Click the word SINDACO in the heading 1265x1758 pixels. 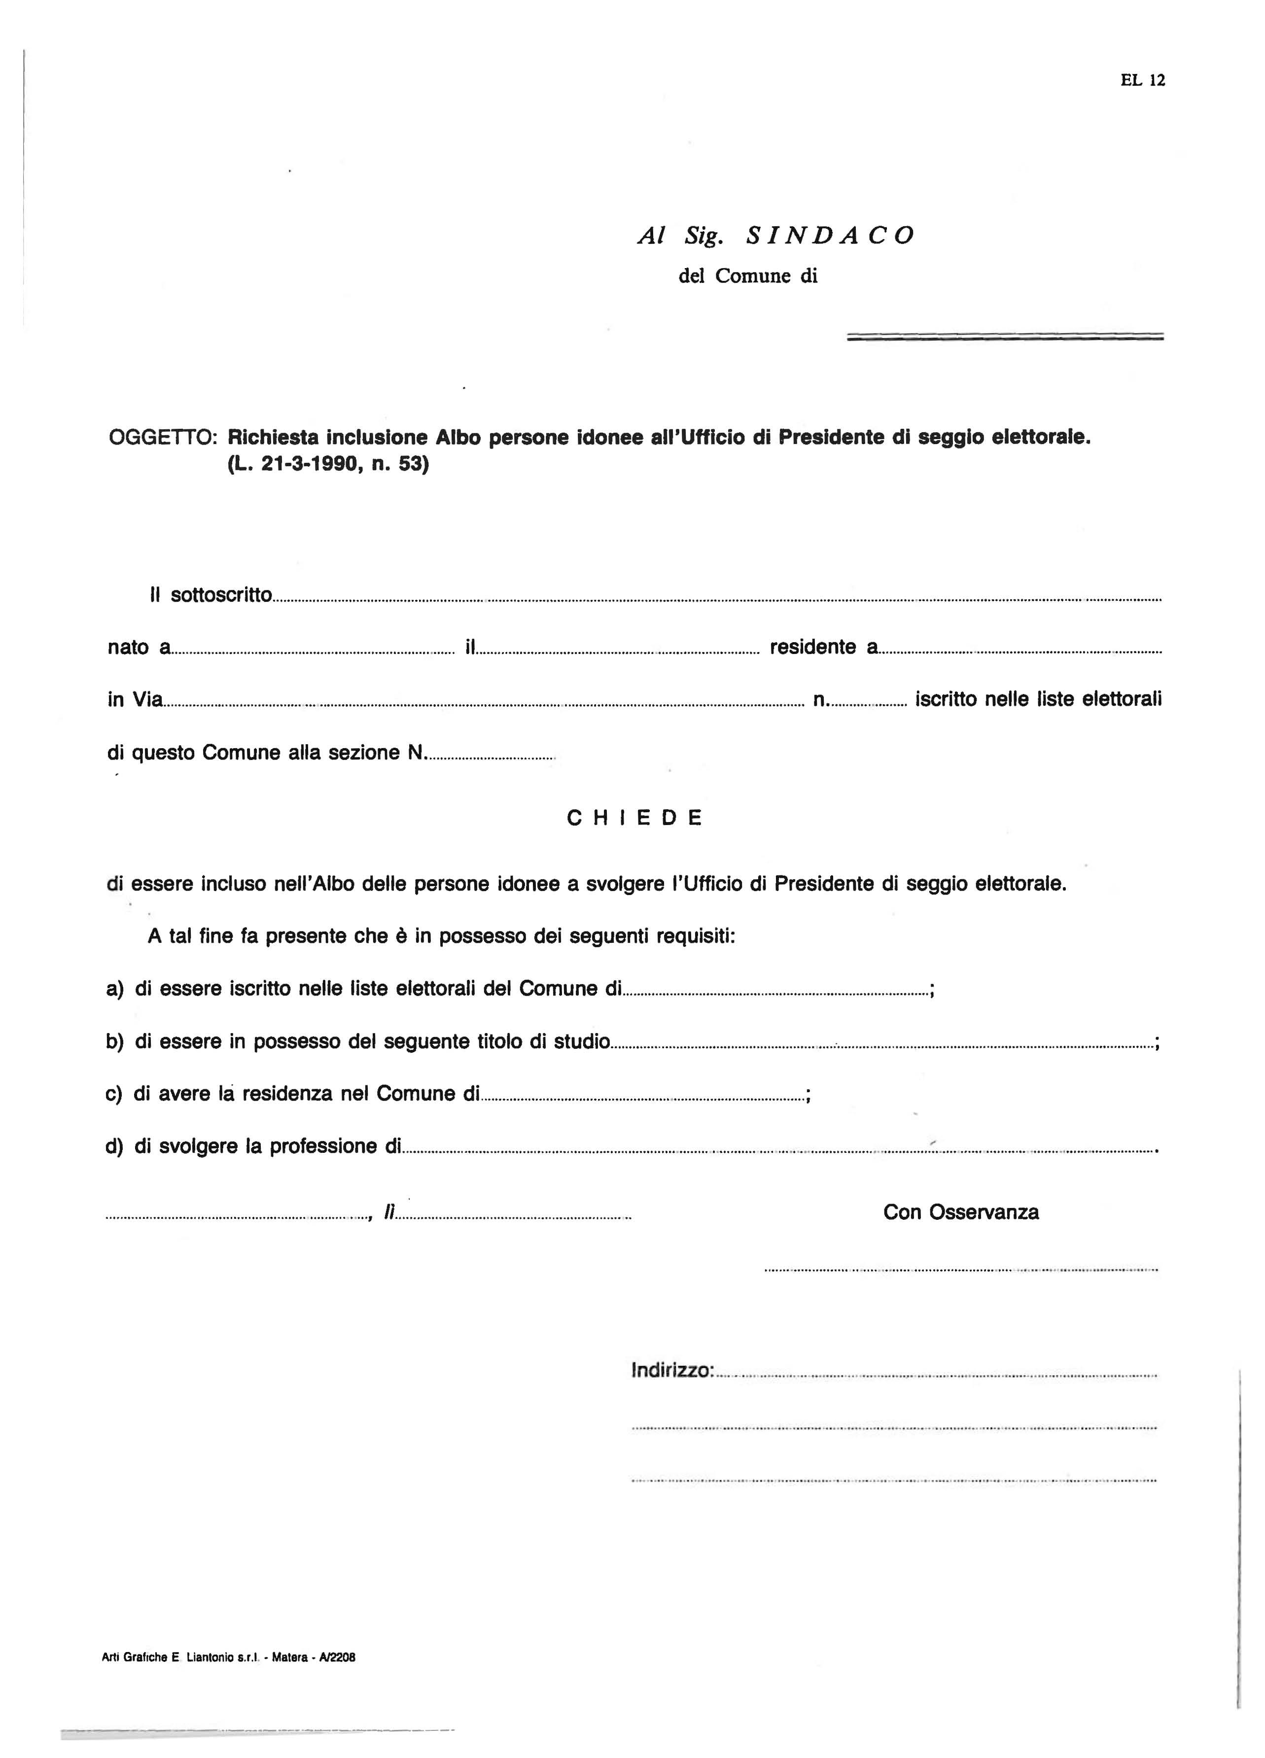pos(829,236)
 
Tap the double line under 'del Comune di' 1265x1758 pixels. pos(1005,337)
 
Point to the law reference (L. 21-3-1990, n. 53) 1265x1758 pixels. pos(327,466)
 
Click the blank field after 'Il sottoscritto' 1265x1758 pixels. pos(717,598)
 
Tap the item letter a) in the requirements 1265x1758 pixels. pos(115,990)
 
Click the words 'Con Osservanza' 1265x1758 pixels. pos(960,1212)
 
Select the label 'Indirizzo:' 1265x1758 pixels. pos(672,1371)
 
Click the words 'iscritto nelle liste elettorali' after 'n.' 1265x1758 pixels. pos(1038,699)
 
